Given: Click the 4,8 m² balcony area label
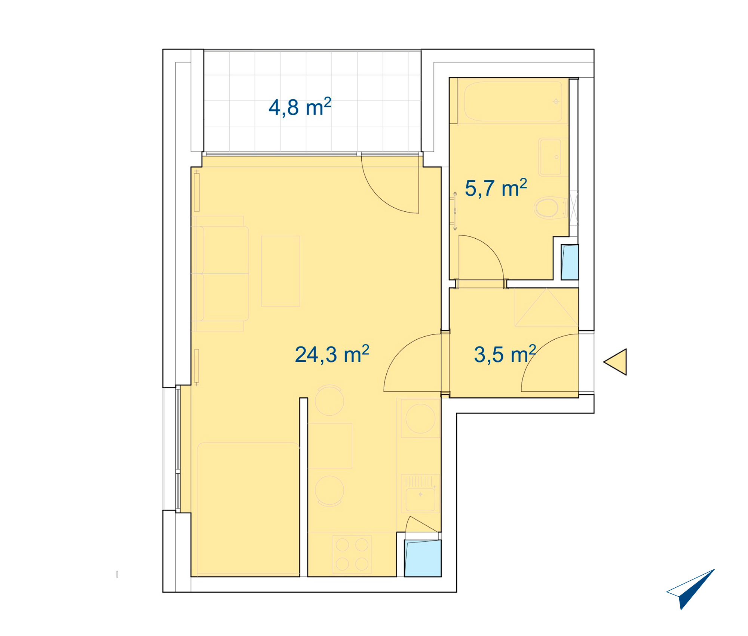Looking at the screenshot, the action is point(300,107).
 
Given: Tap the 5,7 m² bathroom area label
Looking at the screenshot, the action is point(496,188).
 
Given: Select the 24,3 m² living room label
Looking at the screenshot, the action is point(332,354).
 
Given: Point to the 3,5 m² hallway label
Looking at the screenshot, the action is point(505,354).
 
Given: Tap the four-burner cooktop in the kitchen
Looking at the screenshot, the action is point(352,554).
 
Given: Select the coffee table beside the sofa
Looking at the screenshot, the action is point(280,271).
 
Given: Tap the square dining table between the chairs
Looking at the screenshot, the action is point(330,446).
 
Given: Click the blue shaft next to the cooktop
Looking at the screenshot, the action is point(423,558).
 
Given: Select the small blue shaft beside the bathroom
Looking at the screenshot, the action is point(570,262).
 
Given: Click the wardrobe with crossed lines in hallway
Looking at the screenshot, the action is point(547,307).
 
